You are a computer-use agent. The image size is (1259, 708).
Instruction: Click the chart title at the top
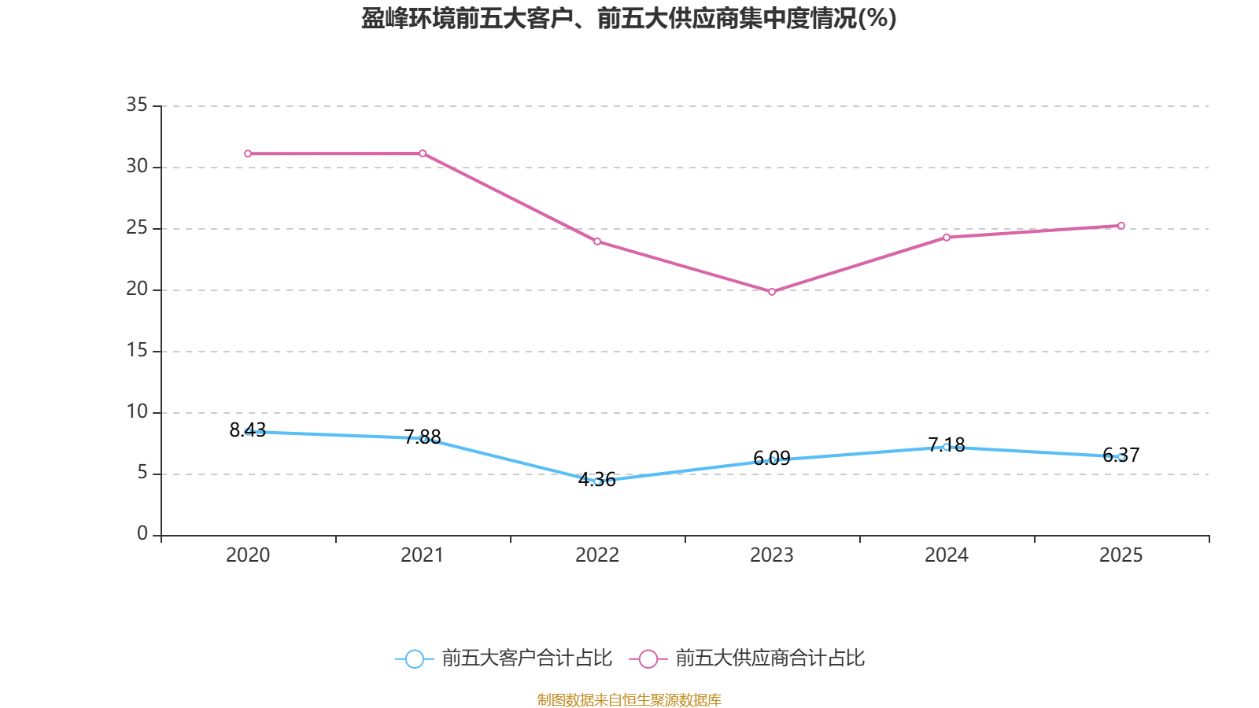[629, 18]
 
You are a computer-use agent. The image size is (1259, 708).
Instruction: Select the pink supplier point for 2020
[248, 153]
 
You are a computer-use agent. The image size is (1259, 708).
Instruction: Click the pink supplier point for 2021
[423, 153]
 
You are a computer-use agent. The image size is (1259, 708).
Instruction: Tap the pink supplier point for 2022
[597, 242]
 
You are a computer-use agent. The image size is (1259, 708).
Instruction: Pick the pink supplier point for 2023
[772, 292]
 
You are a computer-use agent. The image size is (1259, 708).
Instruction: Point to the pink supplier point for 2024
[947, 237]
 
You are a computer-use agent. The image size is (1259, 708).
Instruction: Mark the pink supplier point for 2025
[1121, 226]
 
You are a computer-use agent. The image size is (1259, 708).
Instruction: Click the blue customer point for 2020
[248, 431]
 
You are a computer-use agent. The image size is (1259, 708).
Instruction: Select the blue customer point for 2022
[597, 481]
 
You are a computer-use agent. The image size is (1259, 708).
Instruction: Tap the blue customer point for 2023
[772, 460]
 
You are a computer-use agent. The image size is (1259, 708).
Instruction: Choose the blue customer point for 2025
[1121, 457]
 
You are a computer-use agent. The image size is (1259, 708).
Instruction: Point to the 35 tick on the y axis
[137, 105]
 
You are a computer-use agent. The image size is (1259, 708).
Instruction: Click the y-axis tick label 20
[137, 289]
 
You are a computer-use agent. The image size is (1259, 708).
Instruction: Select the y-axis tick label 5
[142, 473]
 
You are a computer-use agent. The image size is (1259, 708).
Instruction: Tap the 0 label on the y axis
[142, 534]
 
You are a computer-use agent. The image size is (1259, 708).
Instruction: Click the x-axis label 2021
[423, 555]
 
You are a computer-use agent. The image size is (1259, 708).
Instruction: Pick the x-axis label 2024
[947, 555]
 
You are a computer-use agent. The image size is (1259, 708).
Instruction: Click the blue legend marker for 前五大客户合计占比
[415, 658]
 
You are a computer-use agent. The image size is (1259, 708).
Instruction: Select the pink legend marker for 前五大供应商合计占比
[648, 658]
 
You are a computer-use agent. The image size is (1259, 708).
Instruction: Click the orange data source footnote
[629, 699]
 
